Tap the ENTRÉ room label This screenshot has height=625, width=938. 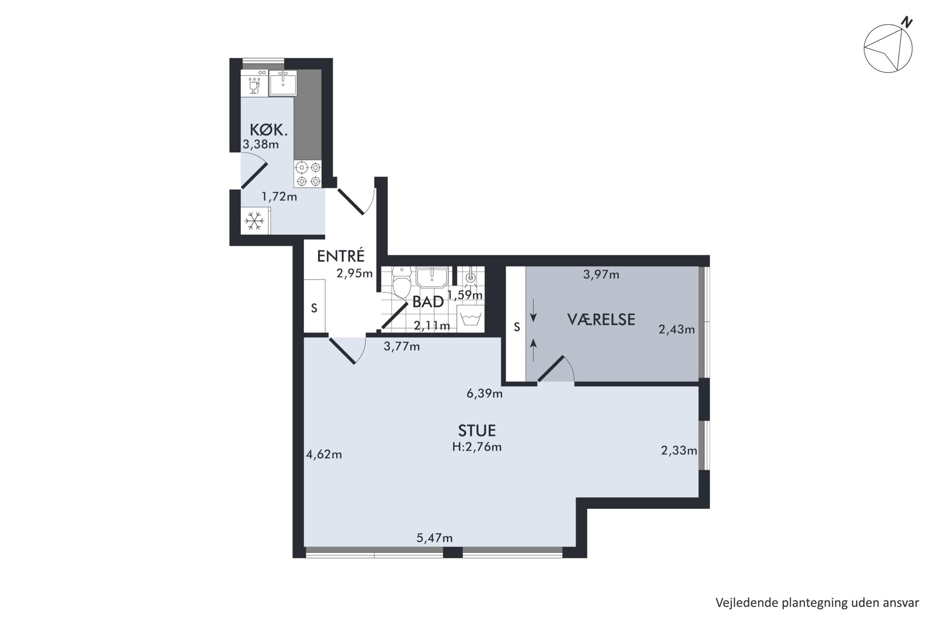tap(340, 256)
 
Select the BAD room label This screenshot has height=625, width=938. tap(428, 302)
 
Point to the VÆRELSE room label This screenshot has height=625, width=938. tap(601, 319)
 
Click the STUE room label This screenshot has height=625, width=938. tap(477, 430)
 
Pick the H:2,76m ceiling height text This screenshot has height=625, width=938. tap(477, 446)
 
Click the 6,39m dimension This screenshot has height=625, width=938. tap(484, 393)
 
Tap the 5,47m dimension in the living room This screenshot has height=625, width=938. tap(434, 538)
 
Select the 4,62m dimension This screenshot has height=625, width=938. tap(324, 454)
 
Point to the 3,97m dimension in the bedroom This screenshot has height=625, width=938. tap(601, 274)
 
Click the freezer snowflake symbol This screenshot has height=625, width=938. tap(255, 221)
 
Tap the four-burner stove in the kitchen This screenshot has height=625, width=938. tap(307, 174)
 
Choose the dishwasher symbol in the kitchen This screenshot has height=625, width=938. tap(254, 83)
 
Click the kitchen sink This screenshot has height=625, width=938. tap(283, 83)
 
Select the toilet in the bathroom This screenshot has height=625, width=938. tap(402, 283)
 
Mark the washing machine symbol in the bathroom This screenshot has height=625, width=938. tap(470, 318)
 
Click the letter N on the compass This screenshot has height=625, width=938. tap(906, 22)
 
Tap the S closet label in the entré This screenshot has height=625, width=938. tap(314, 308)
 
